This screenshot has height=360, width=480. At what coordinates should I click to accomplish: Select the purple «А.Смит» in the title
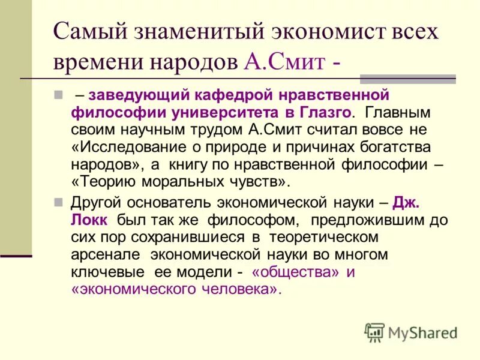[x=284, y=61]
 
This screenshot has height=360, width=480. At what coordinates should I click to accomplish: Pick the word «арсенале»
[x=105, y=254]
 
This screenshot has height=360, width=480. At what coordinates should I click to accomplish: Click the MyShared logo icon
[x=374, y=332]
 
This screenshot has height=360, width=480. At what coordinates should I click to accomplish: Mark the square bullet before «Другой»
[x=58, y=202]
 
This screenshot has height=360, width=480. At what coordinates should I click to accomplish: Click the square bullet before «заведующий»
[x=58, y=95]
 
